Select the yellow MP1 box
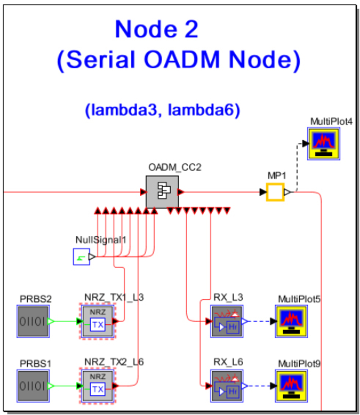pos(275,192)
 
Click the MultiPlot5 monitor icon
pos(291,321)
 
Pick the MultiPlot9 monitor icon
pos(291,385)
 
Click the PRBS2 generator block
pos(33,321)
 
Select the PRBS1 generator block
pos(33,386)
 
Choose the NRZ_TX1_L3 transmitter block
pos(98,321)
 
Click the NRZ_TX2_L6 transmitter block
pos(98,385)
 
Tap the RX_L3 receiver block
pos(227,321)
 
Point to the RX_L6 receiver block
pos(227,385)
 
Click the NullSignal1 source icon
pos(81,257)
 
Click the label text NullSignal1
pos(101,240)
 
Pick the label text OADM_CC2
pos(174,167)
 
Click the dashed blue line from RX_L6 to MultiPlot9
pos(259,386)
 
